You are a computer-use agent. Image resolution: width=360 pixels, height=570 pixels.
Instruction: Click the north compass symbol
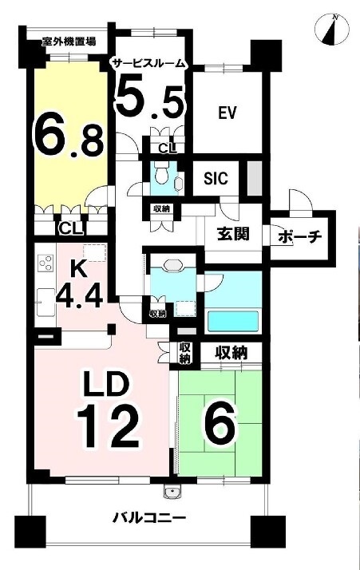click(x=331, y=30)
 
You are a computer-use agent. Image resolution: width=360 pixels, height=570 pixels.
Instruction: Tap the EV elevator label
click(x=227, y=113)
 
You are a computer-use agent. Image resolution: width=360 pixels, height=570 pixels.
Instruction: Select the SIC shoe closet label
click(x=216, y=178)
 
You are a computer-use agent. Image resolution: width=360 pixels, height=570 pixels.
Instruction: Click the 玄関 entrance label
click(x=233, y=233)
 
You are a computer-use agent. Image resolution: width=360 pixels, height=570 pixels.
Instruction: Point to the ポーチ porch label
click(x=300, y=237)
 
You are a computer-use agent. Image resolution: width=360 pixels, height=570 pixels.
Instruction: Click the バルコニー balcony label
click(x=148, y=517)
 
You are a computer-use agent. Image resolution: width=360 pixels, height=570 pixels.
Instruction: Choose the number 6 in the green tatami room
click(x=221, y=426)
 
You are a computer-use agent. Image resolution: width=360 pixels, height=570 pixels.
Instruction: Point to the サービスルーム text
click(x=149, y=64)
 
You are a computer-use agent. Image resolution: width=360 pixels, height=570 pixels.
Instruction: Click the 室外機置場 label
click(x=69, y=42)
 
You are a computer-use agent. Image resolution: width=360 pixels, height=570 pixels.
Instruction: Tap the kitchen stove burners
click(x=46, y=263)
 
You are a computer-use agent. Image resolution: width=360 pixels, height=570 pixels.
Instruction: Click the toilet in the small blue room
click(x=160, y=174)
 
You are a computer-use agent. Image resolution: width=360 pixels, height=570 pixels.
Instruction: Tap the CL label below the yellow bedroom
click(x=71, y=229)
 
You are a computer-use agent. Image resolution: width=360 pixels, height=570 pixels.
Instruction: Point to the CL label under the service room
click(x=168, y=148)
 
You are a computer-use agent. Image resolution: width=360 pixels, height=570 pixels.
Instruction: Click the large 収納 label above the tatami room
click(x=231, y=352)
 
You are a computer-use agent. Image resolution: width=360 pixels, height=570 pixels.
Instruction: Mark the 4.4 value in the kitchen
click(x=79, y=290)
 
